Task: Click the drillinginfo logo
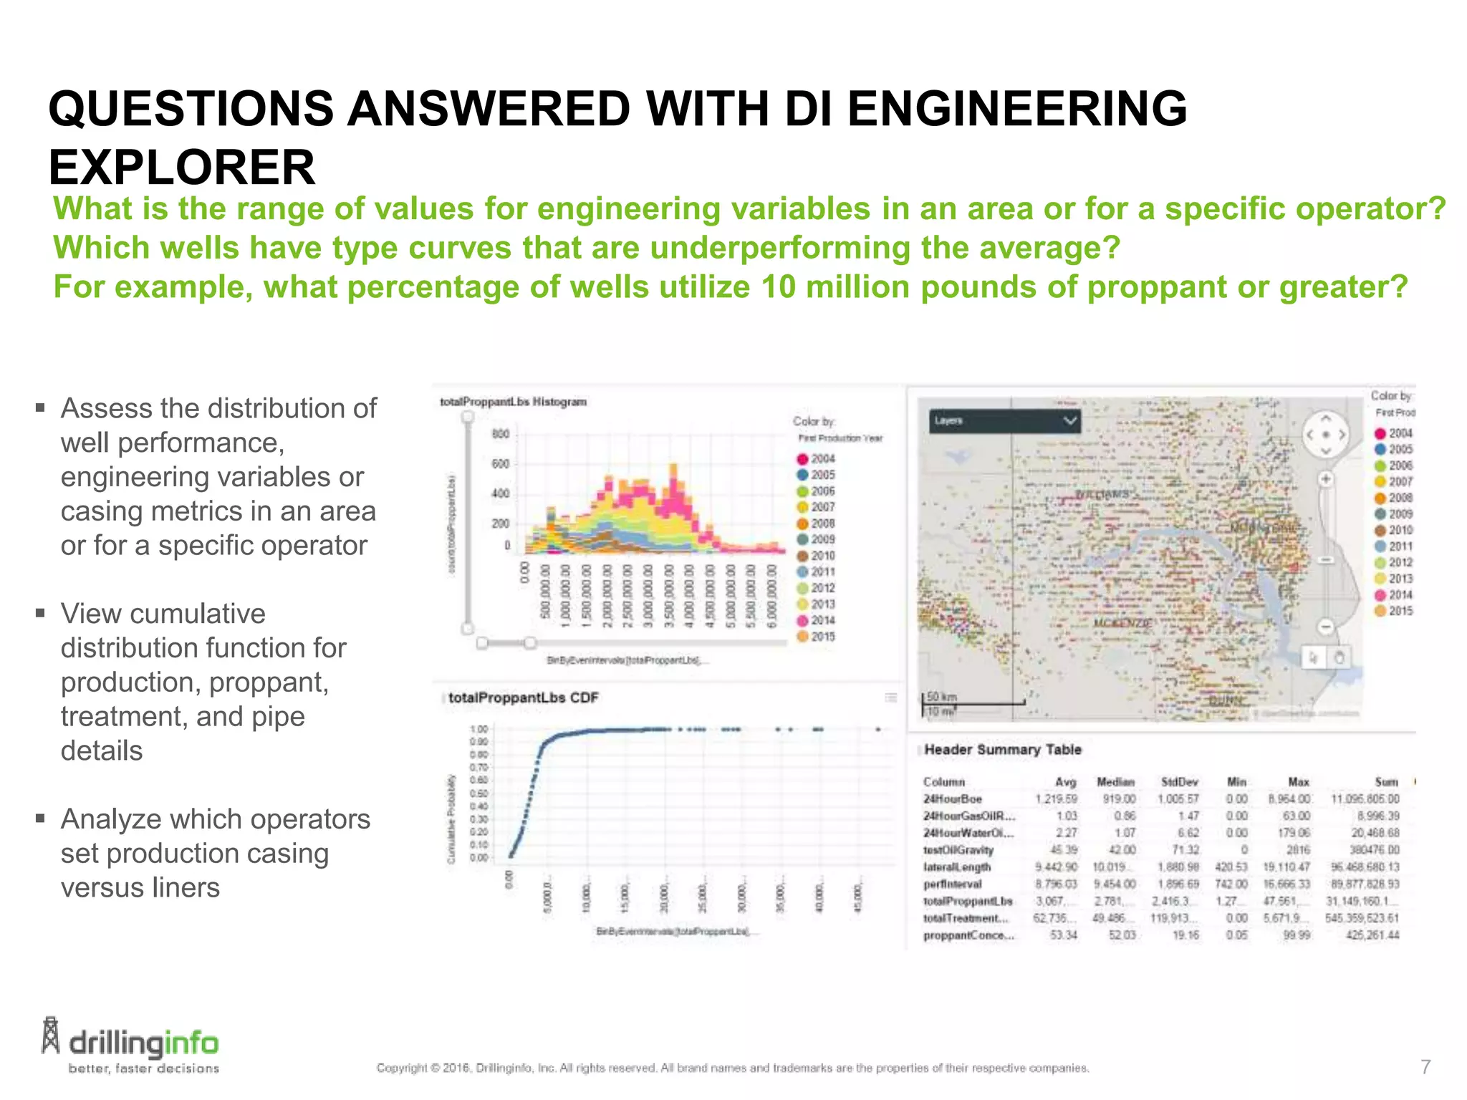pos(130,1046)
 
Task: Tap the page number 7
pos(1425,1067)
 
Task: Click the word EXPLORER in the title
pos(182,168)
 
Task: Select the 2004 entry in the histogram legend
pos(816,458)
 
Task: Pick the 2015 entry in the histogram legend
pos(816,636)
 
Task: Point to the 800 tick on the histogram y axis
pos(501,434)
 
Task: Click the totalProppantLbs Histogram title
pos(513,402)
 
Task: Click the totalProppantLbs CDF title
pos(523,698)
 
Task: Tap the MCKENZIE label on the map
pos(1122,624)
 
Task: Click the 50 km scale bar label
pos(942,696)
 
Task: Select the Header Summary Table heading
pos(1003,750)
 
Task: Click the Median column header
pos(1115,782)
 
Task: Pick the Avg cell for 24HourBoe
pos(1056,799)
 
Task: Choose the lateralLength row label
pos(957,867)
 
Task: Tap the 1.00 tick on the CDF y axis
pos(478,730)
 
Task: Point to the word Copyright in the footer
pos(402,1068)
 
